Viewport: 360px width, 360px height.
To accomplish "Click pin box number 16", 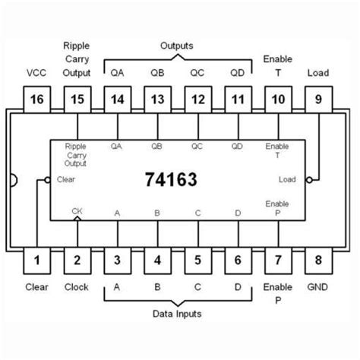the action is click(37, 99).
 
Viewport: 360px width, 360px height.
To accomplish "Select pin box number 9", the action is click(318, 99).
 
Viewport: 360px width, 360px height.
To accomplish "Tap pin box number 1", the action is click(37, 261).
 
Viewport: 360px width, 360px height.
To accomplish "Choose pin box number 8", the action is click(318, 261).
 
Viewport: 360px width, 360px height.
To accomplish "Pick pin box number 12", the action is click(198, 99).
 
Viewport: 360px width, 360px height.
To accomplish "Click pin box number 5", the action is click(198, 261).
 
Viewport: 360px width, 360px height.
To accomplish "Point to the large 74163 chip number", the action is click(171, 179).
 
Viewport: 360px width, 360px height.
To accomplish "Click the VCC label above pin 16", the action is click(36, 73).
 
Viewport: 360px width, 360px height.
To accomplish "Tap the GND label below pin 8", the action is click(317, 287).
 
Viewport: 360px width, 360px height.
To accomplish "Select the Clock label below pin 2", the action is click(77, 287).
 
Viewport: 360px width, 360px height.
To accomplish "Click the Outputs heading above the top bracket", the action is click(177, 46).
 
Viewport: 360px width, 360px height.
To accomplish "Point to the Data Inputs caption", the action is click(177, 314).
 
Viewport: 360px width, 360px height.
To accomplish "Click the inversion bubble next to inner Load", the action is click(309, 180).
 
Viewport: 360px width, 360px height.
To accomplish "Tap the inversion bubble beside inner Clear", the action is click(47, 180).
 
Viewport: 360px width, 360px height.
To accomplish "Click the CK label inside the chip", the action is click(77, 211).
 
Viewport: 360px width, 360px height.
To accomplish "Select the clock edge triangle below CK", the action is click(77, 218).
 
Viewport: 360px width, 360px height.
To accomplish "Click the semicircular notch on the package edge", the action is click(14, 180).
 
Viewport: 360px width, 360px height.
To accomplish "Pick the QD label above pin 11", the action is click(238, 73).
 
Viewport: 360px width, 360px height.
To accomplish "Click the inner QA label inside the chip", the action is click(116, 147).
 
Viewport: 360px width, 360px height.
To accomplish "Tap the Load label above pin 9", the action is click(318, 73).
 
